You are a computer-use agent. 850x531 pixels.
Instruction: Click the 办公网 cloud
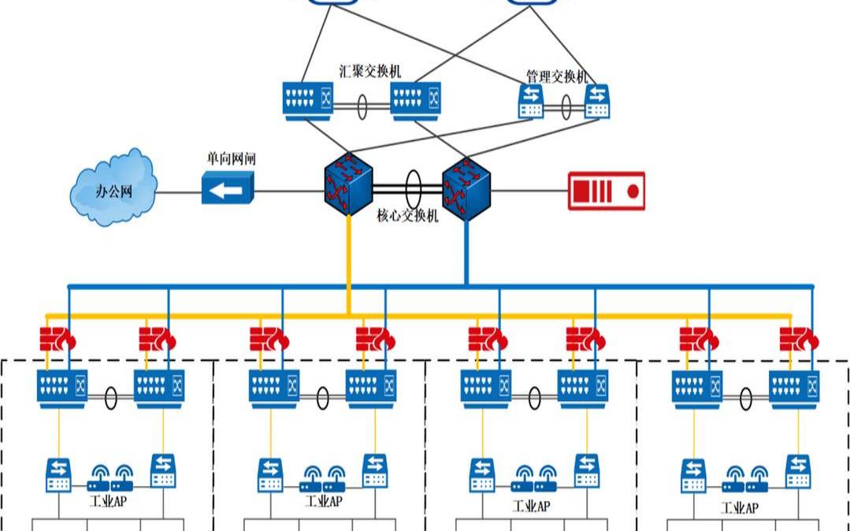point(113,189)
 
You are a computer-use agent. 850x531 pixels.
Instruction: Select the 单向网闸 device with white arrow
point(228,189)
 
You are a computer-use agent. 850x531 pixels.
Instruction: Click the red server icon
point(607,191)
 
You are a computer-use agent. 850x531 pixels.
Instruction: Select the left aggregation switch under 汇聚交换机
point(308,101)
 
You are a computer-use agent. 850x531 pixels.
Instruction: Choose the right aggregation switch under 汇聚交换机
point(415,101)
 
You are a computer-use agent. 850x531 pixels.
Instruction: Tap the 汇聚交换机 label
point(369,71)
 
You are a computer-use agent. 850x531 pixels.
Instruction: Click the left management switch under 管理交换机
point(531,102)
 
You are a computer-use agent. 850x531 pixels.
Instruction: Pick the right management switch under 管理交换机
point(597,102)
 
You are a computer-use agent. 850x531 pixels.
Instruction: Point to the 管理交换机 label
point(557,76)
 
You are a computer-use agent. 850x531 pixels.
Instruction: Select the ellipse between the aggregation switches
point(362,107)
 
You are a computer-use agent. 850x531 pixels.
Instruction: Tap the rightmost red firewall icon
point(799,339)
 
